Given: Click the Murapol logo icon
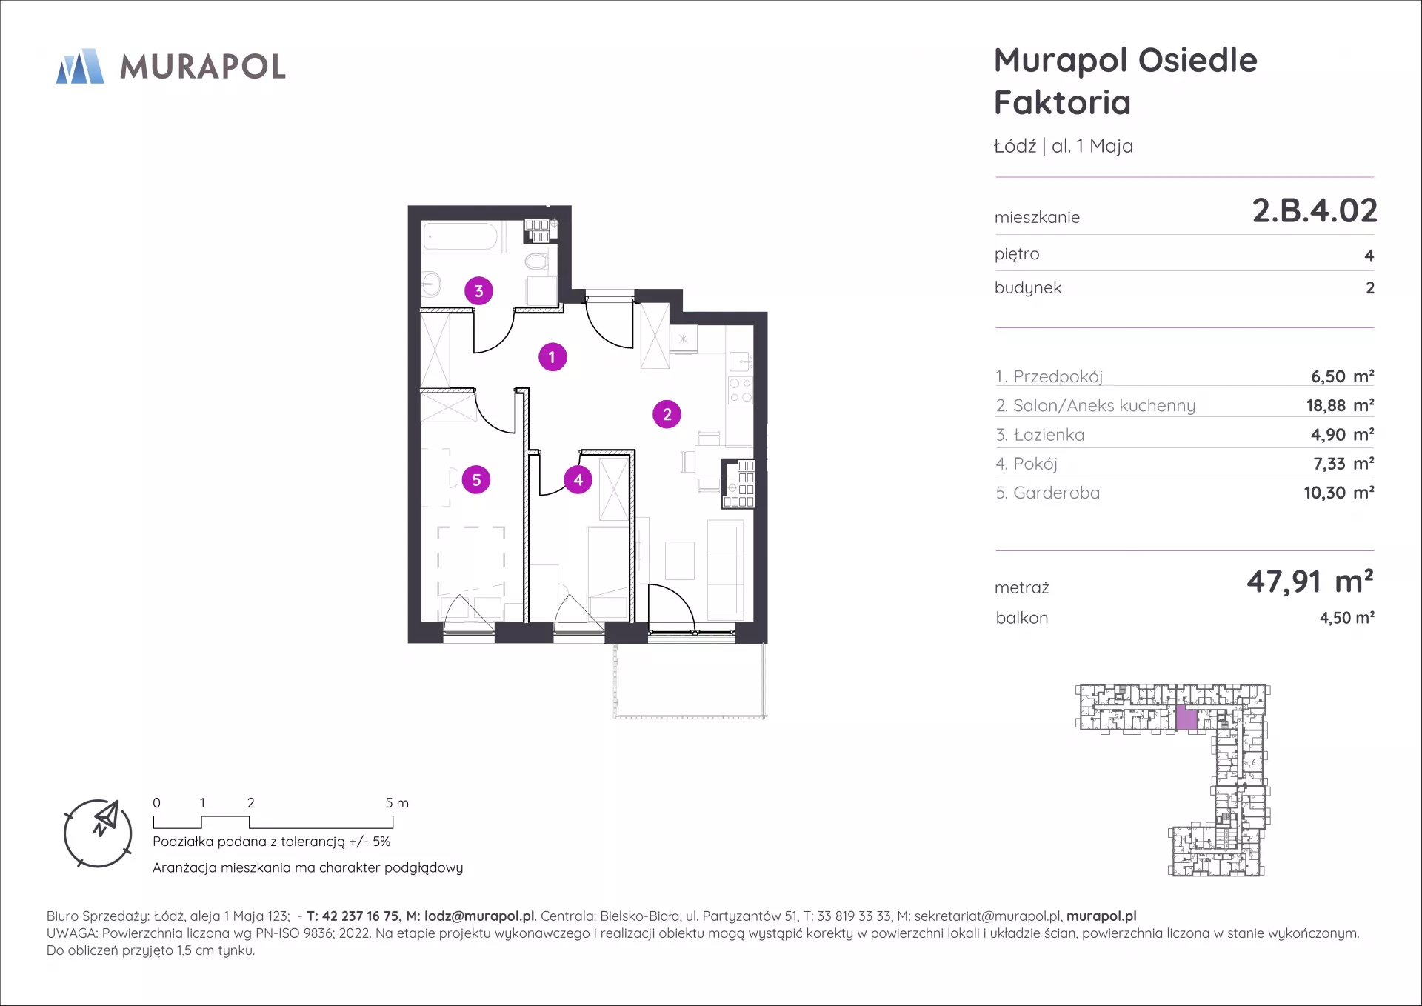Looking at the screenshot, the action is (80, 66).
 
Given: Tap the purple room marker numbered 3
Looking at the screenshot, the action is (478, 291).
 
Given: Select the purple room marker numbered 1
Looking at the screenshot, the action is (552, 357).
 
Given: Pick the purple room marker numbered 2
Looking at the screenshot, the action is (667, 415).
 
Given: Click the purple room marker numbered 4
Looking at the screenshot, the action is (578, 480).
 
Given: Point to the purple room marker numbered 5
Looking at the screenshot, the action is (476, 480).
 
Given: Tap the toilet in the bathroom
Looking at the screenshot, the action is (536, 261).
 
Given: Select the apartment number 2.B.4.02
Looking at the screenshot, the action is (1315, 211).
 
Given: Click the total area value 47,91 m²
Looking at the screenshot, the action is (1310, 582).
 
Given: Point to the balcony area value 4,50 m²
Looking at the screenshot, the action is (1347, 618).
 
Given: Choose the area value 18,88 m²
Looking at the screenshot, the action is (1340, 406).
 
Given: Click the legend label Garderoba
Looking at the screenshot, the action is (1056, 493).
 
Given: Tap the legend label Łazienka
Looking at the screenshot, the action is (1049, 435).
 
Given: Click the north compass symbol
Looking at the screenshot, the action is (98, 833).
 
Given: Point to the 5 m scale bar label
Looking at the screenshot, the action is (397, 803).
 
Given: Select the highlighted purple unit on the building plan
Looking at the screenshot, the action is (1186, 719).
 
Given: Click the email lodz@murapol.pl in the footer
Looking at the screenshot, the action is (479, 916).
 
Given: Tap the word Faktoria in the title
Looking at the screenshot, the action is (1062, 102).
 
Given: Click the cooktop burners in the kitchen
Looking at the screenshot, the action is (741, 390).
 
